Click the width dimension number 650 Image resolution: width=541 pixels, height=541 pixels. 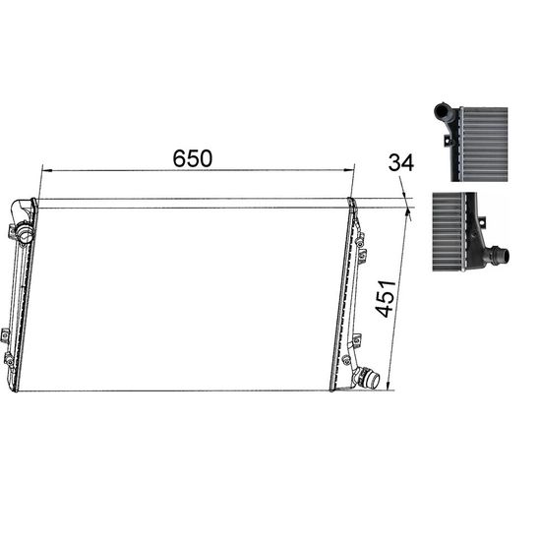(193, 158)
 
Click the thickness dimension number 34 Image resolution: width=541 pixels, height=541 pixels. (400, 162)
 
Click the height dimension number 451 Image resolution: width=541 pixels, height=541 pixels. (387, 296)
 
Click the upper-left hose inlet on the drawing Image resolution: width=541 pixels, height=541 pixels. (21, 210)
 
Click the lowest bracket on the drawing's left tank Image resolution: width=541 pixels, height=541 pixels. (9, 360)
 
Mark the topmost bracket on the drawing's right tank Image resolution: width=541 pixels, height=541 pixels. (360, 236)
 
